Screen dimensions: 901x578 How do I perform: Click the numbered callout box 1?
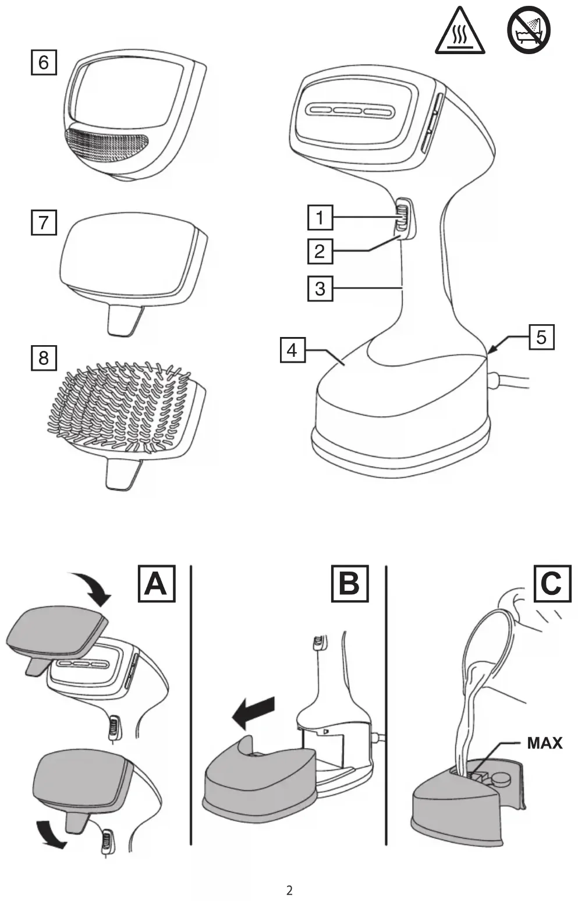coord(320,218)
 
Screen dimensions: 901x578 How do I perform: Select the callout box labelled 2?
coord(320,251)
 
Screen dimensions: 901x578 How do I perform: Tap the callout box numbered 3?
coord(320,288)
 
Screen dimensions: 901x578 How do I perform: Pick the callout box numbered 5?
coord(541,337)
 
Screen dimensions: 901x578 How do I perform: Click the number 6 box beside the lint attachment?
coord(44,62)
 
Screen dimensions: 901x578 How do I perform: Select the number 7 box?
coord(44,222)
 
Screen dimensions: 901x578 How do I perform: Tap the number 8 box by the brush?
coord(44,357)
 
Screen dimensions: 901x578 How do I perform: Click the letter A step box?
coord(156,583)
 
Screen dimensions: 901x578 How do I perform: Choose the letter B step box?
coord(349,583)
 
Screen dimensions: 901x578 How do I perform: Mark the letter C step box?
coord(551,583)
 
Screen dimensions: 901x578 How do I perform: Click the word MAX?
coord(544,743)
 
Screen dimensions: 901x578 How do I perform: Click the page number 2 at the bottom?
coord(289,891)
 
